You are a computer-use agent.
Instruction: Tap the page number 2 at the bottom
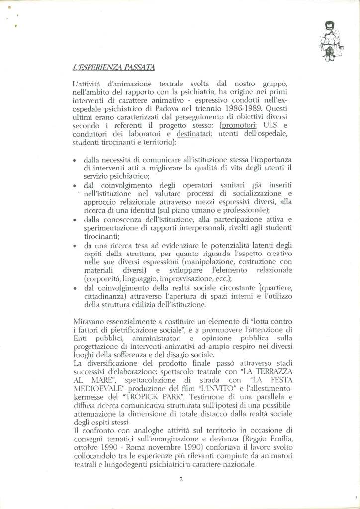pos(181,479)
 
